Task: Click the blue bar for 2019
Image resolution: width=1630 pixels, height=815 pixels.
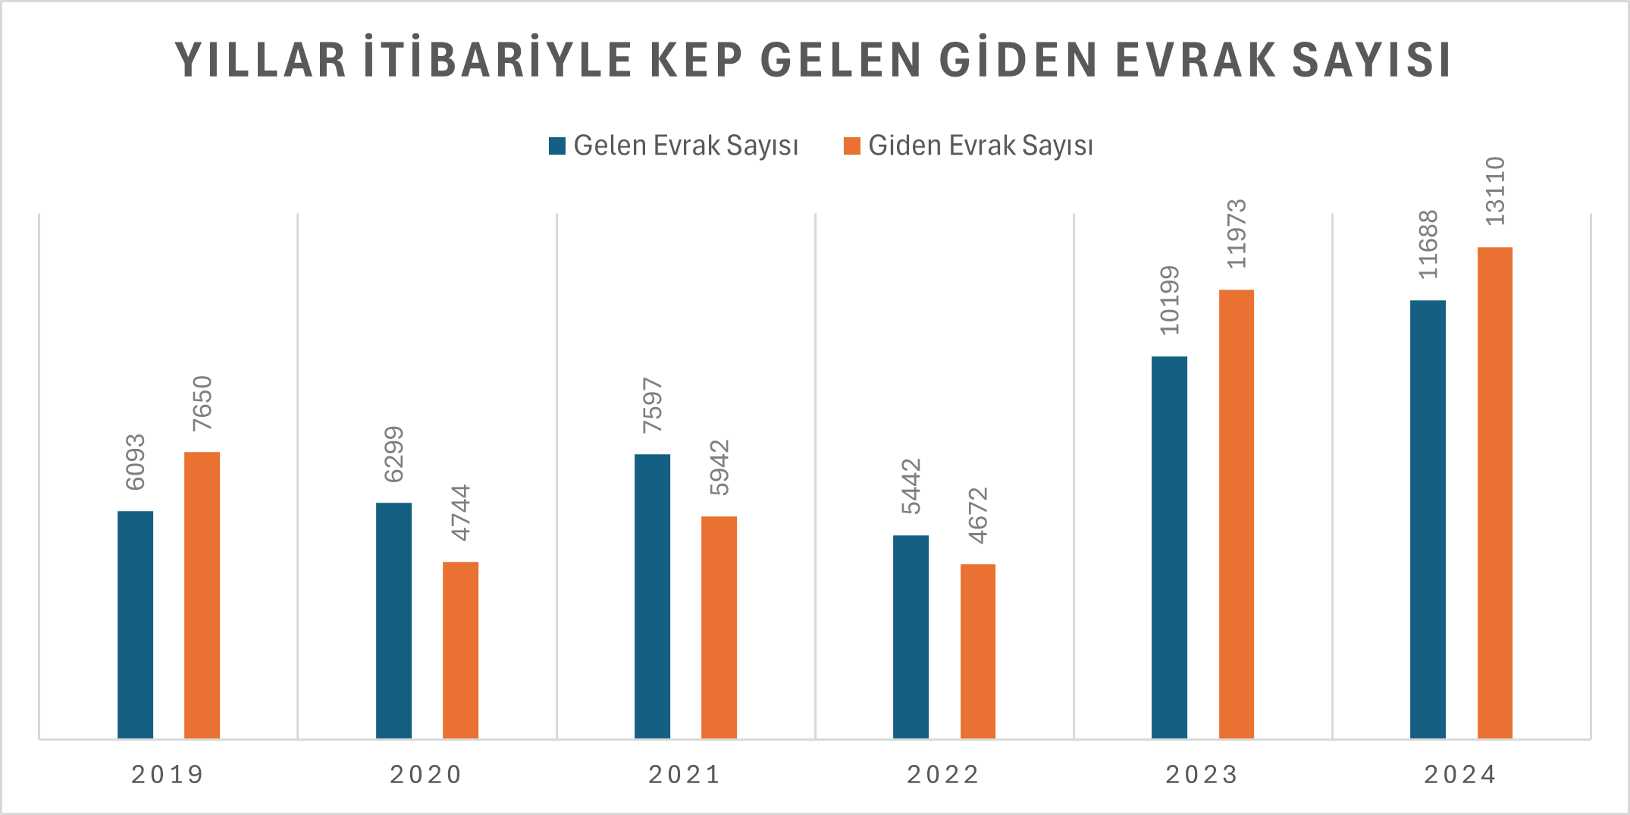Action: coord(135,625)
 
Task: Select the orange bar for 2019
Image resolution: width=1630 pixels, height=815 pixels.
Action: coord(202,595)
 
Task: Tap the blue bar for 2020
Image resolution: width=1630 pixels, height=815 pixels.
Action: coord(393,620)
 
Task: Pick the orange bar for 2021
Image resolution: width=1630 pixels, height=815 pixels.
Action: coord(719,627)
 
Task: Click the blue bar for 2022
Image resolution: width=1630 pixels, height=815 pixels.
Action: coord(911,637)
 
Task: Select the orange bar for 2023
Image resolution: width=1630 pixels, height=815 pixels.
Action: coord(1236,514)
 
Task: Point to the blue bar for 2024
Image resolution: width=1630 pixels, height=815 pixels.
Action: coord(1428,519)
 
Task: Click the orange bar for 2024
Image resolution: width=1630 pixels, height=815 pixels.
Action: coord(1494,493)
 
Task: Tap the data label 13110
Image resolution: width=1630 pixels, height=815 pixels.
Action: coord(1494,191)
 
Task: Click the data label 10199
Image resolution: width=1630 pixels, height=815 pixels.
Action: coord(1169,300)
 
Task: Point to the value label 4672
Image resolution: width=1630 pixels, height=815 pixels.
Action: coord(978,516)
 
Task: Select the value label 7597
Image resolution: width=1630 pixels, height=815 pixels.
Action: coord(652,406)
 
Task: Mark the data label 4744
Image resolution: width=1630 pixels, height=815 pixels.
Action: coord(460,513)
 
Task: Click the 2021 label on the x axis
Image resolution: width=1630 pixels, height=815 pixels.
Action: coord(685,775)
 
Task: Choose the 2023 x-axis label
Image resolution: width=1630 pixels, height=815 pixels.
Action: coord(1202,775)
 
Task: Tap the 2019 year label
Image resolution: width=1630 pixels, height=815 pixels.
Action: coord(168,775)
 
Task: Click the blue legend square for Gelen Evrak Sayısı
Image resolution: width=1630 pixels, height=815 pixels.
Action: coord(557,146)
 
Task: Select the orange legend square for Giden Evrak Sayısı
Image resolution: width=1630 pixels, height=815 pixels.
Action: coord(852,146)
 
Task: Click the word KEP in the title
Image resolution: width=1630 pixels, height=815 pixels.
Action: coord(696,60)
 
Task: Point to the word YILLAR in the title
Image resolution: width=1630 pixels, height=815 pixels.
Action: coord(261,60)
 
